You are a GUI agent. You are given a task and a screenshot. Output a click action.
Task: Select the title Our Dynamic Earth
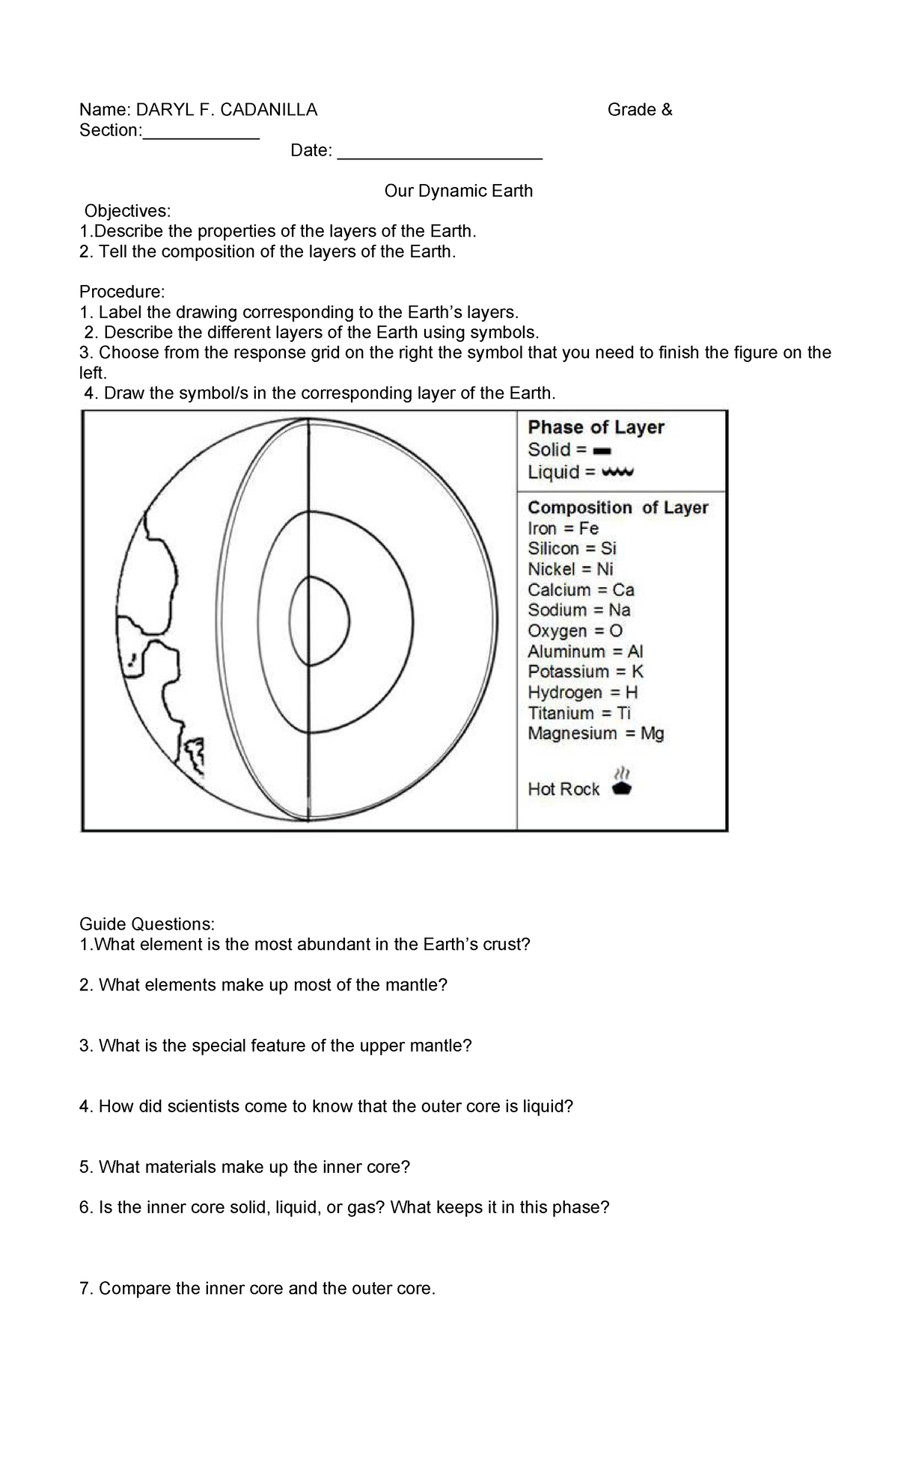458,191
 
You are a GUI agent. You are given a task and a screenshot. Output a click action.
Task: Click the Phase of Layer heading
596,427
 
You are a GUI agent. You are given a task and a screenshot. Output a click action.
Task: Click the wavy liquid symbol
618,473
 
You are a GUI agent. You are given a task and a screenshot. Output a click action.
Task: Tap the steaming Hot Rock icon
622,782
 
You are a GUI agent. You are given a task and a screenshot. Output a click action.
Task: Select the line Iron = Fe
563,528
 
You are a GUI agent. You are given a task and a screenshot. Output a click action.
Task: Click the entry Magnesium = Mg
596,733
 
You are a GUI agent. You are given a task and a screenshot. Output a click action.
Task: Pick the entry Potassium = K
585,672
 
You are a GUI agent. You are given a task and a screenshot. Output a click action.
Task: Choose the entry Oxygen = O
575,631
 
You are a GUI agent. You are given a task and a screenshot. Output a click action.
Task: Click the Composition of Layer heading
617,508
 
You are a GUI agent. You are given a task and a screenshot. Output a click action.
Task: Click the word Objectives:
127,211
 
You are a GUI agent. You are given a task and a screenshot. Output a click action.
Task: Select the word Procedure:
121,292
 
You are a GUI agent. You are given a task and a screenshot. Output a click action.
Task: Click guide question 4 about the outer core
326,1106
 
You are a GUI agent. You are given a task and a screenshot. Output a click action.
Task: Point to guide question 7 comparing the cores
257,1289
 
